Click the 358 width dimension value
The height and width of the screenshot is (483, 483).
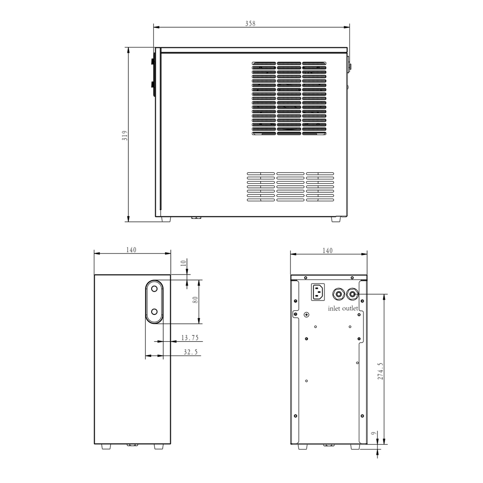tap(250, 24)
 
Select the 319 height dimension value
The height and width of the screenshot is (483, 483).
tap(125, 136)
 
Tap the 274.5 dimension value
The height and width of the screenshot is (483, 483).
tap(380, 371)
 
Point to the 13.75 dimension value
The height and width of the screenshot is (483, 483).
tap(190, 338)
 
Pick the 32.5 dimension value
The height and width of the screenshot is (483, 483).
tap(191, 352)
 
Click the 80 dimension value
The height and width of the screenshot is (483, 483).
tap(195, 300)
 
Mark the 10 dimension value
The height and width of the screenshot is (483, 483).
tap(183, 263)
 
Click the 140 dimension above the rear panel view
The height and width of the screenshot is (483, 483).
tap(327, 251)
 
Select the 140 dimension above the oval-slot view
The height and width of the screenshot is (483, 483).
tap(131, 250)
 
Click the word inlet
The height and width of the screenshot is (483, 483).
tap(334, 309)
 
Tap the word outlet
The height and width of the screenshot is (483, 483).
tap(350, 309)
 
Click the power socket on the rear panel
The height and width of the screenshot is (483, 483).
tap(318, 292)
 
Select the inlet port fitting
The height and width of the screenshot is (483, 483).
tap(338, 294)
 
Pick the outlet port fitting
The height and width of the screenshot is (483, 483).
tap(352, 294)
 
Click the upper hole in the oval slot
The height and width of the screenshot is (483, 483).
tap(154, 289)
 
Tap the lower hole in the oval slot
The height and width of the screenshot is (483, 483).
tap(154, 311)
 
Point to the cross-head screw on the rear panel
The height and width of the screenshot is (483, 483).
tap(306, 315)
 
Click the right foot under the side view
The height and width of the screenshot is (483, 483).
tap(335, 219)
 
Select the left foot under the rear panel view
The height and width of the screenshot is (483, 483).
tap(302, 446)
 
